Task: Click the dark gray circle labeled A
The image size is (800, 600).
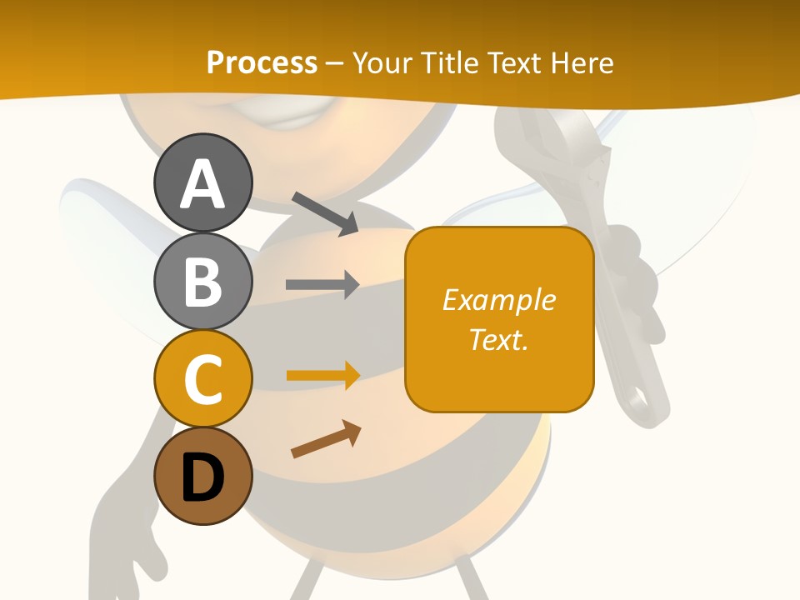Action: pyautogui.click(x=202, y=182)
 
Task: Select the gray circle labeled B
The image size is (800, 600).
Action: pyautogui.click(x=202, y=281)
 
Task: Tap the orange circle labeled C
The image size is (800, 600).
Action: pyautogui.click(x=202, y=378)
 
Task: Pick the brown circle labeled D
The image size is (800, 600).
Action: pyautogui.click(x=202, y=476)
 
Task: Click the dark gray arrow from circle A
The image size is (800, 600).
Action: pyautogui.click(x=325, y=213)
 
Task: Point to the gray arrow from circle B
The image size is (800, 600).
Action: pyautogui.click(x=322, y=284)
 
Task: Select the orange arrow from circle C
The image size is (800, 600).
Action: pyautogui.click(x=322, y=375)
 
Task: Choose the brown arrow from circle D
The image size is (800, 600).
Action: pyautogui.click(x=326, y=439)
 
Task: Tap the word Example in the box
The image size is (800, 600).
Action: pyautogui.click(x=499, y=299)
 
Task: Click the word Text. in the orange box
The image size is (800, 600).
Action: pyautogui.click(x=499, y=339)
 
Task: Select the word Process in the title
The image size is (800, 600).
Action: pyautogui.click(x=262, y=62)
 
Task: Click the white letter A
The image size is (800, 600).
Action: pyautogui.click(x=202, y=184)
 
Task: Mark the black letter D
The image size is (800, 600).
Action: pyautogui.click(x=202, y=477)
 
